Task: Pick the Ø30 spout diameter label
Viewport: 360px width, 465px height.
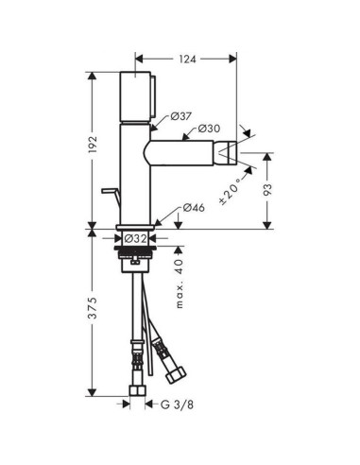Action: [209, 128]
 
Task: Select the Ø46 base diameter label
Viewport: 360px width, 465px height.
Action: [194, 207]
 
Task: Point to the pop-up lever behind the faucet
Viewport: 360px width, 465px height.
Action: [111, 196]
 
